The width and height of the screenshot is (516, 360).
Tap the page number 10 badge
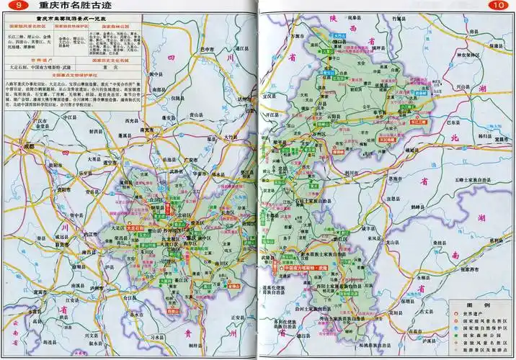click(497, 6)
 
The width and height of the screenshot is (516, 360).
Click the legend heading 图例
click(479, 305)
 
